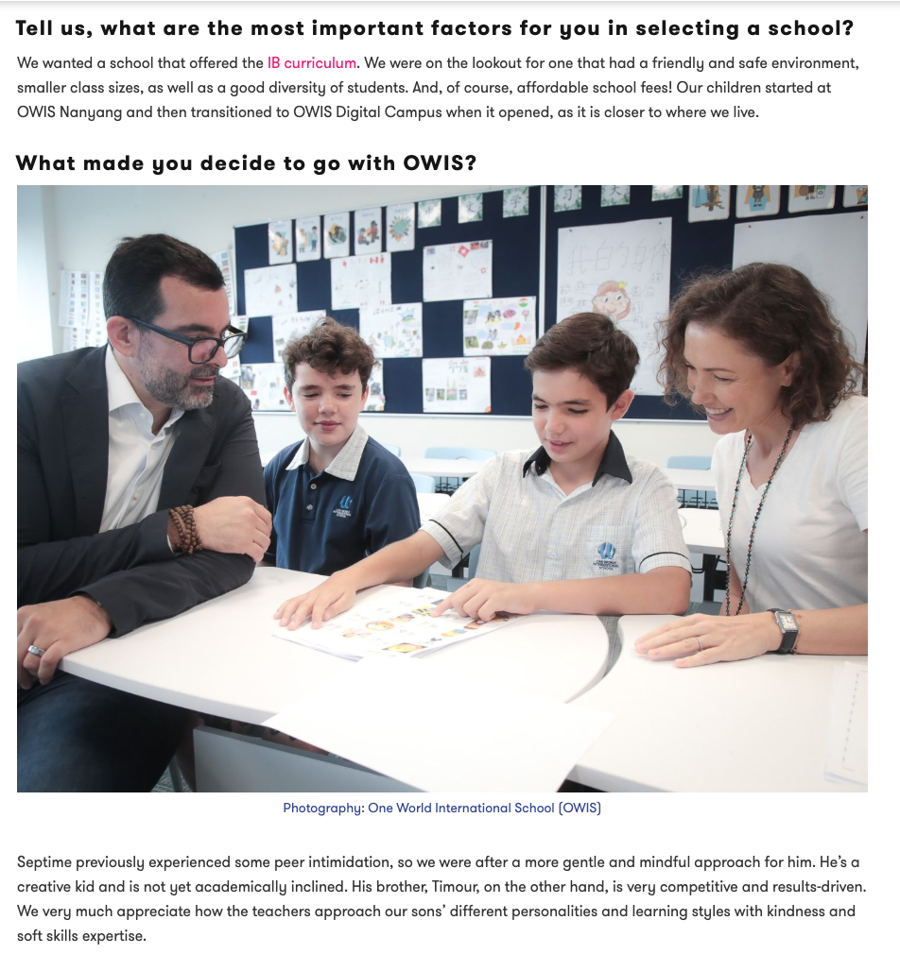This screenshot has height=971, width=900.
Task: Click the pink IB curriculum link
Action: pos(312,63)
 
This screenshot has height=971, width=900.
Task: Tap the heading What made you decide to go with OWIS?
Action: pos(246,162)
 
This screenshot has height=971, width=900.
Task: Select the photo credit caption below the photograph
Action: pos(441,808)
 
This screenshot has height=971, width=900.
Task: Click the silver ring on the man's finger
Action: pos(35,651)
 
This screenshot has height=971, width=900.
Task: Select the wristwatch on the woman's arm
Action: pos(784,630)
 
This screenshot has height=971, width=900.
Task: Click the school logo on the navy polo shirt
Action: pos(344,507)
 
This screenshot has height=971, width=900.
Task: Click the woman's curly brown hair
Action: pos(775,321)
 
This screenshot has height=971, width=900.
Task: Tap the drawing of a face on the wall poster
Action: pos(612,298)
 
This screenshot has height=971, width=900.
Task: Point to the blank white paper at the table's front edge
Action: pos(444,727)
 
